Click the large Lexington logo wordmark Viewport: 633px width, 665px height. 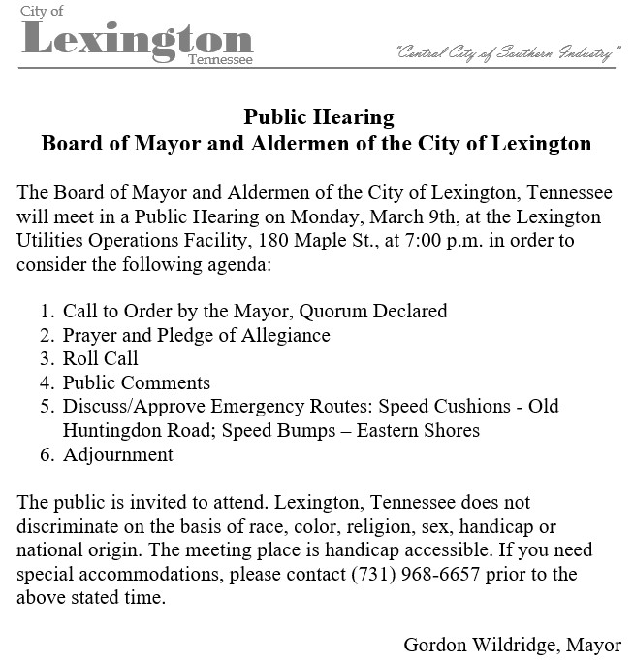pos(137,39)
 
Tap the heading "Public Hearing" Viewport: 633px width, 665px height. pos(319,117)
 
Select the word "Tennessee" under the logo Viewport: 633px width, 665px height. pos(221,60)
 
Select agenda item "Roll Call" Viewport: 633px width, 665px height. pos(101,359)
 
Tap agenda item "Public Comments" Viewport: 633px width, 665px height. pos(137,382)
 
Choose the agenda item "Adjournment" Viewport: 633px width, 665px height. pos(118,454)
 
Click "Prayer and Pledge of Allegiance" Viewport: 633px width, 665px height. pos(197,335)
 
